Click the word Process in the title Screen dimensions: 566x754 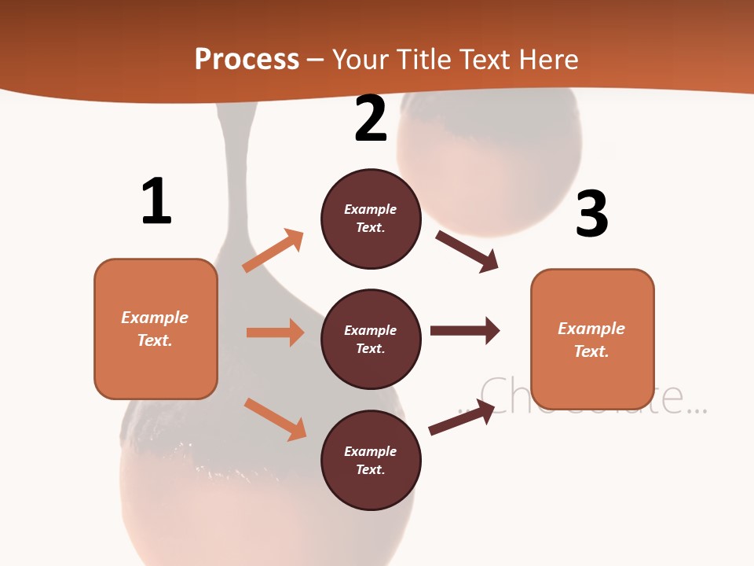247,60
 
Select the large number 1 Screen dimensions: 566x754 156,201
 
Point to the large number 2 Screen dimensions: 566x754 371,119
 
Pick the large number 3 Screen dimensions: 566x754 591,214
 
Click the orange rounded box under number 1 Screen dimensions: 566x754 156,329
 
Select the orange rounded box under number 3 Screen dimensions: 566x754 592,339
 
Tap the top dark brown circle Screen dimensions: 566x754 371,219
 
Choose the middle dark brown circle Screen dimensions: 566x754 371,339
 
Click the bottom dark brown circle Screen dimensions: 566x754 371,460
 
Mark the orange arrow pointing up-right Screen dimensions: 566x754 273,251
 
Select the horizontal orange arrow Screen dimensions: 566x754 275,333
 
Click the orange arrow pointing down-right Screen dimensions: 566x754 275,419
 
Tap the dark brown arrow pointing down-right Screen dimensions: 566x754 467,251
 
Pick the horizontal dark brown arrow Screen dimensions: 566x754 465,330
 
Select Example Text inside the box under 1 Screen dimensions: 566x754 155,329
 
